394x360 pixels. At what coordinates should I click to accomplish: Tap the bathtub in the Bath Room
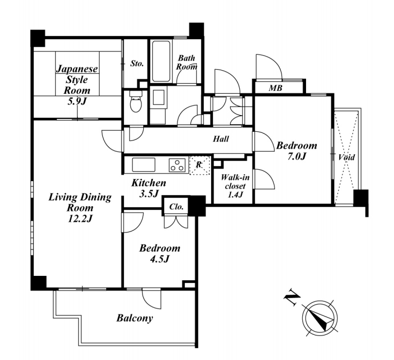pyautogui.click(x=161, y=61)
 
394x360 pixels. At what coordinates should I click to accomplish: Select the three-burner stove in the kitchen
pyautogui.click(x=177, y=165)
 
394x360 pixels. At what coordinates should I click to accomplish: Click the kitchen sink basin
pyautogui.click(x=144, y=164)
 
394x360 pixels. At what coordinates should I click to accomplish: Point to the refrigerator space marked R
pyautogui.click(x=199, y=165)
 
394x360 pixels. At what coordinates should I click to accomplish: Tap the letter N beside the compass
pyautogui.click(x=292, y=297)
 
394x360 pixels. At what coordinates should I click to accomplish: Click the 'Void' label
pyautogui.click(x=346, y=157)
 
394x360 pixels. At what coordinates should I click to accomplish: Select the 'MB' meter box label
pyautogui.click(x=276, y=88)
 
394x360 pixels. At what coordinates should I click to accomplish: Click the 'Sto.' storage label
pyautogui.click(x=137, y=64)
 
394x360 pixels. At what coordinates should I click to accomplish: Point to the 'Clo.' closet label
pyautogui.click(x=176, y=207)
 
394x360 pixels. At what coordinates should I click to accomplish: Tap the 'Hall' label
pyautogui.click(x=221, y=139)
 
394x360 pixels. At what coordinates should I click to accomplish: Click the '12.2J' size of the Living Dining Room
pyautogui.click(x=80, y=219)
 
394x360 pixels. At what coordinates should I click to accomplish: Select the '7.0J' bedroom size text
pyautogui.click(x=296, y=156)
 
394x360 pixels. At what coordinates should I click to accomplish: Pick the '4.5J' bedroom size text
pyautogui.click(x=159, y=259)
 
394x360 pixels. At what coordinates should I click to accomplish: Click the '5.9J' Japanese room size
pyautogui.click(x=77, y=101)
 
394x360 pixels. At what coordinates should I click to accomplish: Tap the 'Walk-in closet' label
pyautogui.click(x=235, y=182)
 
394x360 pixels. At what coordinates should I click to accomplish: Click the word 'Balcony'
pyautogui.click(x=135, y=318)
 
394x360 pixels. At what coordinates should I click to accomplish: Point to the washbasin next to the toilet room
pyautogui.click(x=158, y=97)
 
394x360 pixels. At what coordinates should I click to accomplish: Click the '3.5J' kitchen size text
pyautogui.click(x=149, y=193)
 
